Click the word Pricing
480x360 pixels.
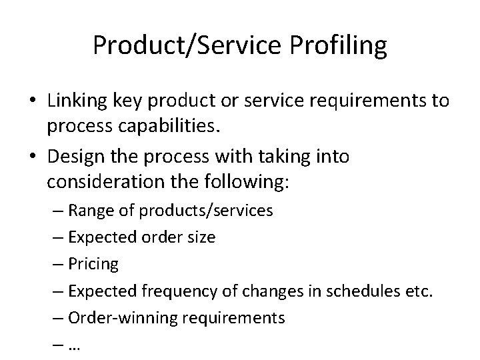(93, 264)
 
